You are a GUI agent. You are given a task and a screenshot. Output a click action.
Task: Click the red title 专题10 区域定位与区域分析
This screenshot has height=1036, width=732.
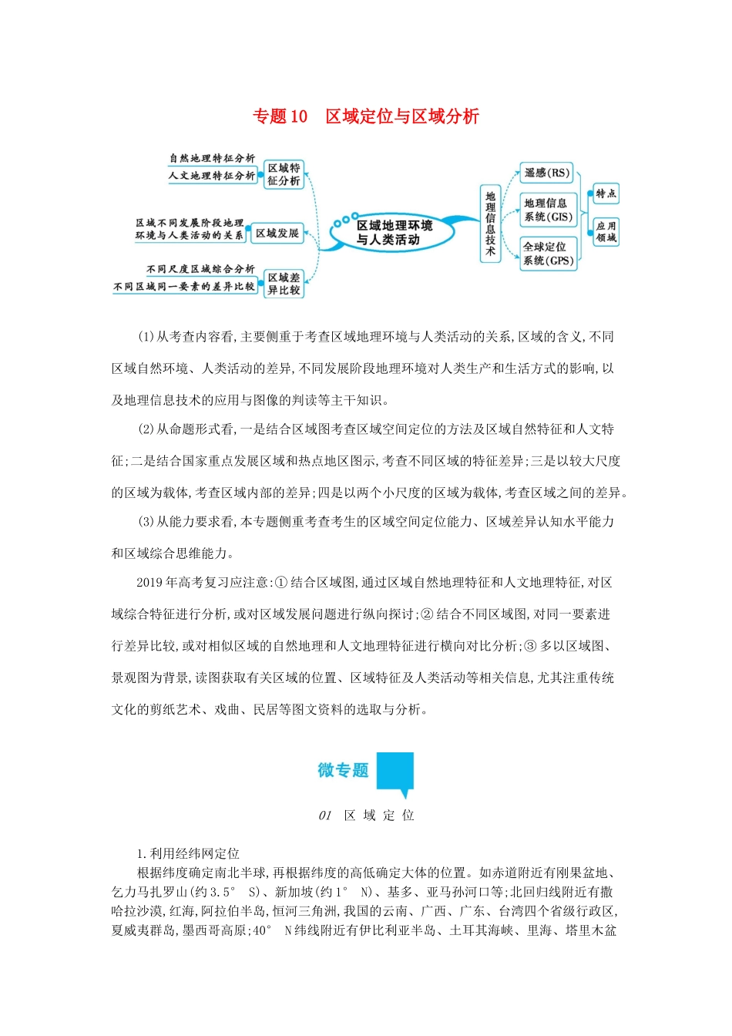(x=366, y=116)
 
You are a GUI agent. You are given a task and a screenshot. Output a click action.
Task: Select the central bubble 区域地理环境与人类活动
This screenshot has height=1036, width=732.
(x=394, y=233)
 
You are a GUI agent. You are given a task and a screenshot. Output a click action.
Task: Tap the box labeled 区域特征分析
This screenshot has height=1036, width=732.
(x=284, y=174)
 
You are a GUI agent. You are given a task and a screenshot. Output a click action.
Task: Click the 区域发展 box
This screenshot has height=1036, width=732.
(x=277, y=234)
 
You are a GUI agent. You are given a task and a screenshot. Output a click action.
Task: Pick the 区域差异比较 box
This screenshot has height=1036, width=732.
(x=284, y=284)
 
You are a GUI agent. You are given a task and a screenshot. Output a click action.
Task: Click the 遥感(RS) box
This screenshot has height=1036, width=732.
(x=547, y=173)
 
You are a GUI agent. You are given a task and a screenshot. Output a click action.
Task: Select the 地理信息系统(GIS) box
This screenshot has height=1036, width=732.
(x=548, y=210)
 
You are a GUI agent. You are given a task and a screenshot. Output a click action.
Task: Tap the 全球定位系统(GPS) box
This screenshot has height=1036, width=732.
(x=548, y=254)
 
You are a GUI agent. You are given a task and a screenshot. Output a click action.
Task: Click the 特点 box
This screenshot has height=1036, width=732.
(x=606, y=193)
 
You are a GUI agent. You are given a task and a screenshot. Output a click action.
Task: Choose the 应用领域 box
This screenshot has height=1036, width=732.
(x=606, y=231)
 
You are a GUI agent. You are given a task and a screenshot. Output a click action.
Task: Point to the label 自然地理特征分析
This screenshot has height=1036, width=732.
(x=212, y=158)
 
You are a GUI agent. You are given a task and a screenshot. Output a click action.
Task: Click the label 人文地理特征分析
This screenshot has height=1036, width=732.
(x=212, y=176)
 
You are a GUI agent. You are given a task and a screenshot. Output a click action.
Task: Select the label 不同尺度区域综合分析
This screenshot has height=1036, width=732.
(x=200, y=269)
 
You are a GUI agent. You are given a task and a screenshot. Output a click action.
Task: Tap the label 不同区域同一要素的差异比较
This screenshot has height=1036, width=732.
(x=184, y=287)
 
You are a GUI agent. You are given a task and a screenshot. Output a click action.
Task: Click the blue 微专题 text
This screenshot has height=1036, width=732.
(x=343, y=770)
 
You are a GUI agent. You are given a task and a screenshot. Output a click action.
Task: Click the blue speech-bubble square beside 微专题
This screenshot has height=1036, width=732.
(x=395, y=772)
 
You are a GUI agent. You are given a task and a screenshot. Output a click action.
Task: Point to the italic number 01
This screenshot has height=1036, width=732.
(x=325, y=816)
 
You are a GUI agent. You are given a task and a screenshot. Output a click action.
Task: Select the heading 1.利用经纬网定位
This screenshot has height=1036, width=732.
(x=188, y=854)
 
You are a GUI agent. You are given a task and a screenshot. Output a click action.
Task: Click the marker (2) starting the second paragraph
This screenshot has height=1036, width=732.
(x=146, y=429)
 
